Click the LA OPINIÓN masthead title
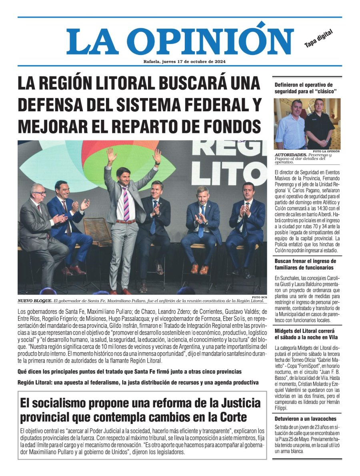pyautogui.click(x=180, y=41)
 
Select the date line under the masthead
pyautogui.click(x=184, y=62)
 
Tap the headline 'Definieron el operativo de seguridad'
pyautogui.click(x=304, y=88)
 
